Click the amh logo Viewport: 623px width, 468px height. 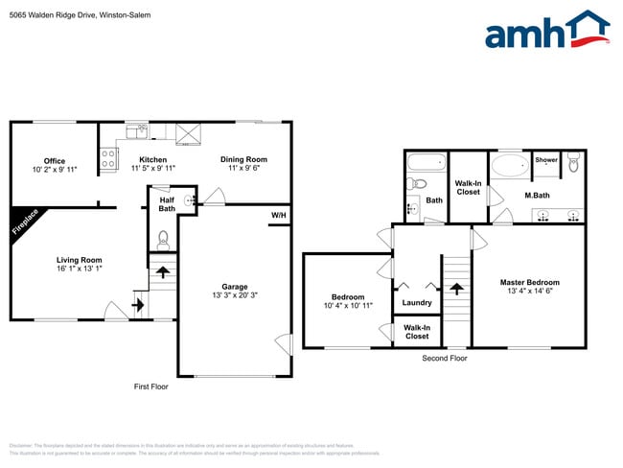546,30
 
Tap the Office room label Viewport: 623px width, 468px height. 54,160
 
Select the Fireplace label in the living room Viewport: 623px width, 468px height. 26,222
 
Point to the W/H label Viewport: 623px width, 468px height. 279,215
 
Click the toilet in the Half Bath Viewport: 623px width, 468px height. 163,237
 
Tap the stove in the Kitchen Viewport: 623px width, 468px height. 107,158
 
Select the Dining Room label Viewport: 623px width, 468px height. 243,159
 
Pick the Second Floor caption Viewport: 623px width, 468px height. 445,358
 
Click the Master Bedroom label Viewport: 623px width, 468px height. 529,282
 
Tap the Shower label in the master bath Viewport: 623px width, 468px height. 546,160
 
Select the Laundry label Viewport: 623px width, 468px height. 417,303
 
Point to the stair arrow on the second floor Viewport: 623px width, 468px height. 456,287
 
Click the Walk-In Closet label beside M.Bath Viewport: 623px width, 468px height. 468,187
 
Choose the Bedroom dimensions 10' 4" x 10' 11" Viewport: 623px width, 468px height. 347,306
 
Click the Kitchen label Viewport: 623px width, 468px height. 153,159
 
